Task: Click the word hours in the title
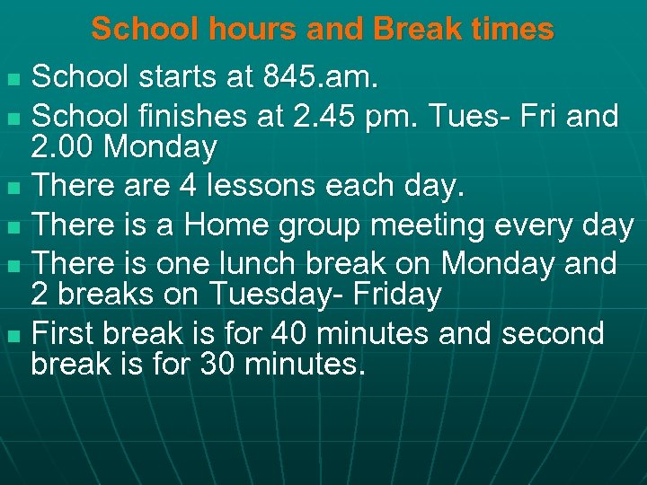pyautogui.click(x=254, y=29)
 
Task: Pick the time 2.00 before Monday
pyautogui.click(x=65, y=147)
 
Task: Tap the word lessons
pyautogui.click(x=257, y=185)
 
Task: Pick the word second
pyautogui.click(x=554, y=333)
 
